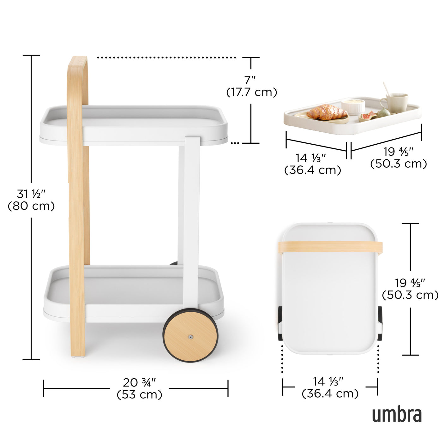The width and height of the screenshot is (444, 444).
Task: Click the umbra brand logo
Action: [397, 415]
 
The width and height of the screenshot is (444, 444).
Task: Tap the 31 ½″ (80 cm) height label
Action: [31, 200]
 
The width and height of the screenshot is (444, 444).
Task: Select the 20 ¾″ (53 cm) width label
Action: [139, 388]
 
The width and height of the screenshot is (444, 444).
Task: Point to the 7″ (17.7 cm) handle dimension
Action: [251, 86]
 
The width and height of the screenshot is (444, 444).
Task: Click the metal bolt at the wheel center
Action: [190, 337]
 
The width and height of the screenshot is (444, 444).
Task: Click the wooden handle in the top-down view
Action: [330, 247]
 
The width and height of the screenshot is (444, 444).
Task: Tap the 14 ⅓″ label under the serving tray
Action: [312, 164]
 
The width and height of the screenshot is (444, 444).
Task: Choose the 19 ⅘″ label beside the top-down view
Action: [410, 289]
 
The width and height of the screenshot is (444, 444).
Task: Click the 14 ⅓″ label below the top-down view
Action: [330, 387]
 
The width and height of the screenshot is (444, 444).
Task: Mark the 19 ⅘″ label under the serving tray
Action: [399, 158]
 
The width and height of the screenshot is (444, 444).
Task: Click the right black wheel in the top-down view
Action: [380, 323]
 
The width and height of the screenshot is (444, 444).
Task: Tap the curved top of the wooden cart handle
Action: [78, 63]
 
